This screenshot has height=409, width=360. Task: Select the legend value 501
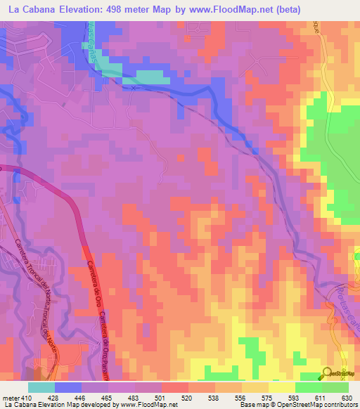[161, 397]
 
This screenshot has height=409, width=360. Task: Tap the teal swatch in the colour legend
[41, 387]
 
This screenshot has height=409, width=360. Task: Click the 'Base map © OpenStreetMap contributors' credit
[298, 405]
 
